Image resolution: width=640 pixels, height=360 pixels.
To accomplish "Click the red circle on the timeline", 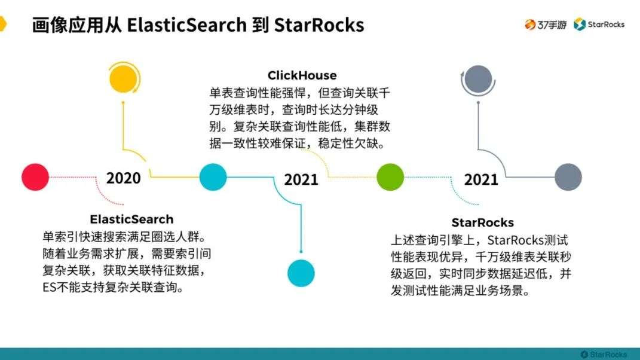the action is [x=35, y=177].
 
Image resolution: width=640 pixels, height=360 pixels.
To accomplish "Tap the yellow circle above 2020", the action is [x=124, y=78].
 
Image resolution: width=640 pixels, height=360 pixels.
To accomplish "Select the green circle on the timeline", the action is [x=390, y=177].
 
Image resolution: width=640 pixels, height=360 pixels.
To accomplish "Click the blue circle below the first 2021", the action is [x=301, y=273].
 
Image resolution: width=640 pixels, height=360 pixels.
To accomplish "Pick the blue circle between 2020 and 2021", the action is [x=213, y=177].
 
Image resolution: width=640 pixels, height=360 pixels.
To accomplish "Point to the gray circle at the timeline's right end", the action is [x=568, y=177].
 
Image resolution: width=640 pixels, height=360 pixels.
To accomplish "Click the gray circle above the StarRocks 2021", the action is [x=479, y=79].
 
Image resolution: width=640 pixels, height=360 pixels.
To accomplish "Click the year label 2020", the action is [x=123, y=178].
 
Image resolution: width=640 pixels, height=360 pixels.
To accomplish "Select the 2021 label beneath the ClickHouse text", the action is [x=301, y=179].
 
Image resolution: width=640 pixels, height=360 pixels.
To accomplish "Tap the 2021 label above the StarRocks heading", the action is [x=481, y=179].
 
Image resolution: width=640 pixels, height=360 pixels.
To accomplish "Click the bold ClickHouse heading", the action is [x=302, y=75].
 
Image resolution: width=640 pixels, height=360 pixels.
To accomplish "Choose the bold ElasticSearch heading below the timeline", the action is [x=131, y=219].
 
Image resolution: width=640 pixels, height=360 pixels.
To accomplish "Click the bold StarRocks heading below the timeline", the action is [x=482, y=222].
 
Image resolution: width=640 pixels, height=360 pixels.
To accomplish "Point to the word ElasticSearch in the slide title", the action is [x=187, y=25].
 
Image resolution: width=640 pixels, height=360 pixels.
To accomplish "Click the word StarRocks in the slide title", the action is [x=319, y=25].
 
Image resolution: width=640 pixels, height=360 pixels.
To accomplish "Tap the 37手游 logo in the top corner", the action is [x=546, y=25].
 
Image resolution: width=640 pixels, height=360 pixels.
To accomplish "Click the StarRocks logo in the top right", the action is [x=599, y=25].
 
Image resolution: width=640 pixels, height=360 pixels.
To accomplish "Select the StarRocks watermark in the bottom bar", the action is [x=604, y=354].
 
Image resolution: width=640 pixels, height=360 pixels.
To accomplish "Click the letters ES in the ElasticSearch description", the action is [x=49, y=287].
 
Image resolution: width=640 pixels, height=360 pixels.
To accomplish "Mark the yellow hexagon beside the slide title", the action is [x=3, y=24].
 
